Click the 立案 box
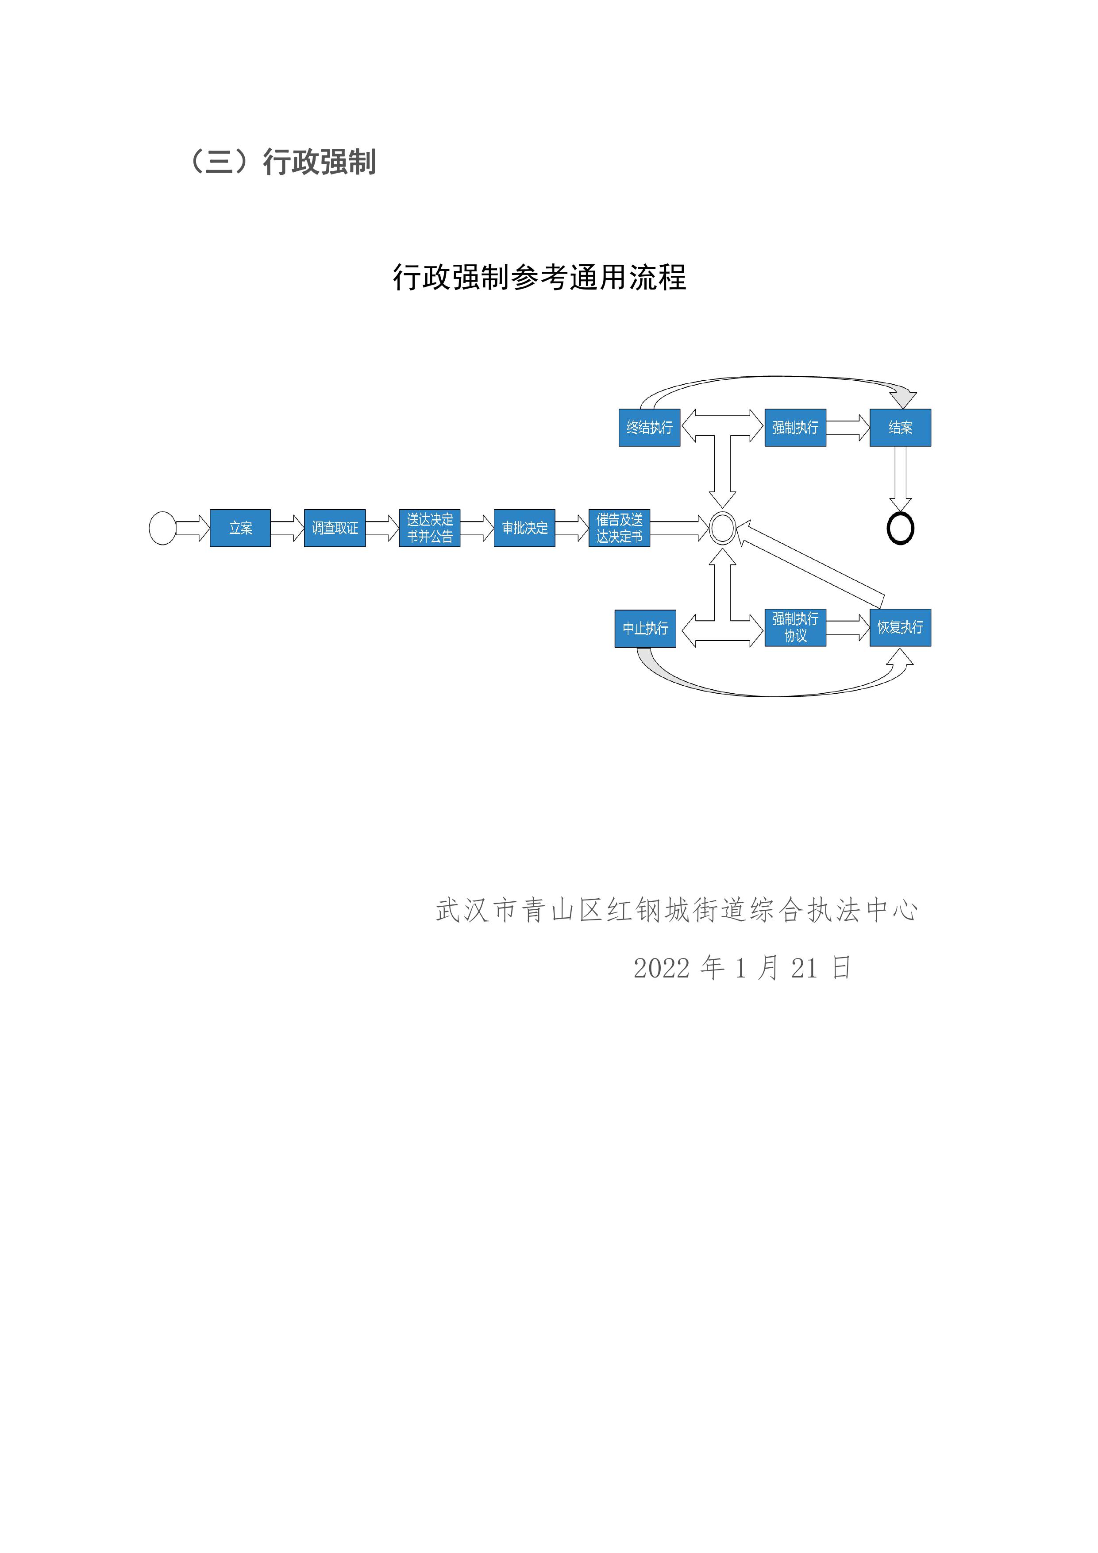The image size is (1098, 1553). coord(240,528)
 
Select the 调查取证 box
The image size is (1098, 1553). coord(335,528)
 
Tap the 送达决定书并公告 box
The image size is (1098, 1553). coord(429,528)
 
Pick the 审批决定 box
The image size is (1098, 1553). coord(525,528)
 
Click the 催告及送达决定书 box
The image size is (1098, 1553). coord(619,528)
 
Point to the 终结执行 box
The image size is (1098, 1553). coord(649,428)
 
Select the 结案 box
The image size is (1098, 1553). coord(900,428)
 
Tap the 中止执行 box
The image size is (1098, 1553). coord(645,628)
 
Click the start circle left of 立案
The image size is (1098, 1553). coord(162,528)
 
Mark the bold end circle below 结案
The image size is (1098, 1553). coord(900,528)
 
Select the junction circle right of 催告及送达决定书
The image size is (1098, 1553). coord(722,528)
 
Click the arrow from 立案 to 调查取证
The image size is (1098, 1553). coord(287,528)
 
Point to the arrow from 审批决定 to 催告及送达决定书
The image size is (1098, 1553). coord(572,528)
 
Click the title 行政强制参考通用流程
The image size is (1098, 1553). coord(539,277)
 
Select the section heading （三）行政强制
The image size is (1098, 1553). coord(283,162)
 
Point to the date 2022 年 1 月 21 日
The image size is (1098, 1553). coord(742,968)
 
